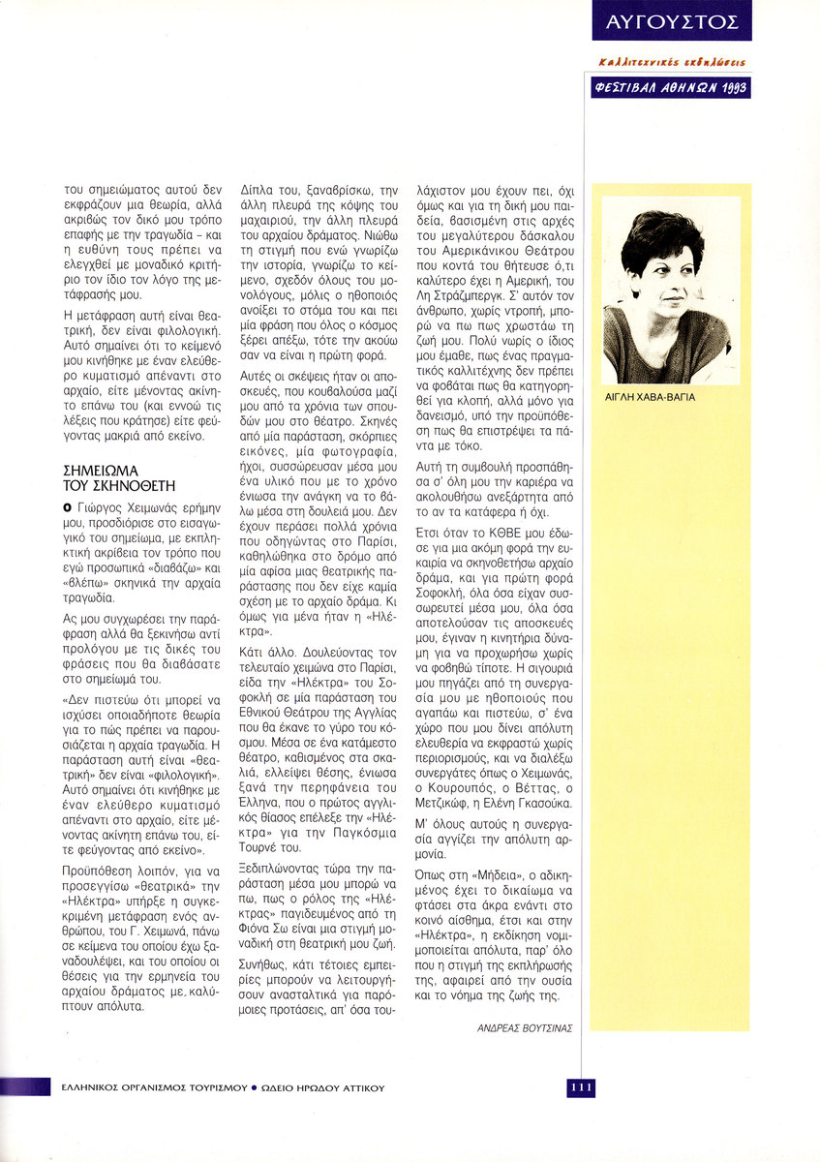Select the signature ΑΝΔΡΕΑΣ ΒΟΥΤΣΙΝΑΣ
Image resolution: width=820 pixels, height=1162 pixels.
point(525,1027)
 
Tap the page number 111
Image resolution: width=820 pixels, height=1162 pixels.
point(581,1087)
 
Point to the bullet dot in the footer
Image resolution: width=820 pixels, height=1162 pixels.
point(254,1087)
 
